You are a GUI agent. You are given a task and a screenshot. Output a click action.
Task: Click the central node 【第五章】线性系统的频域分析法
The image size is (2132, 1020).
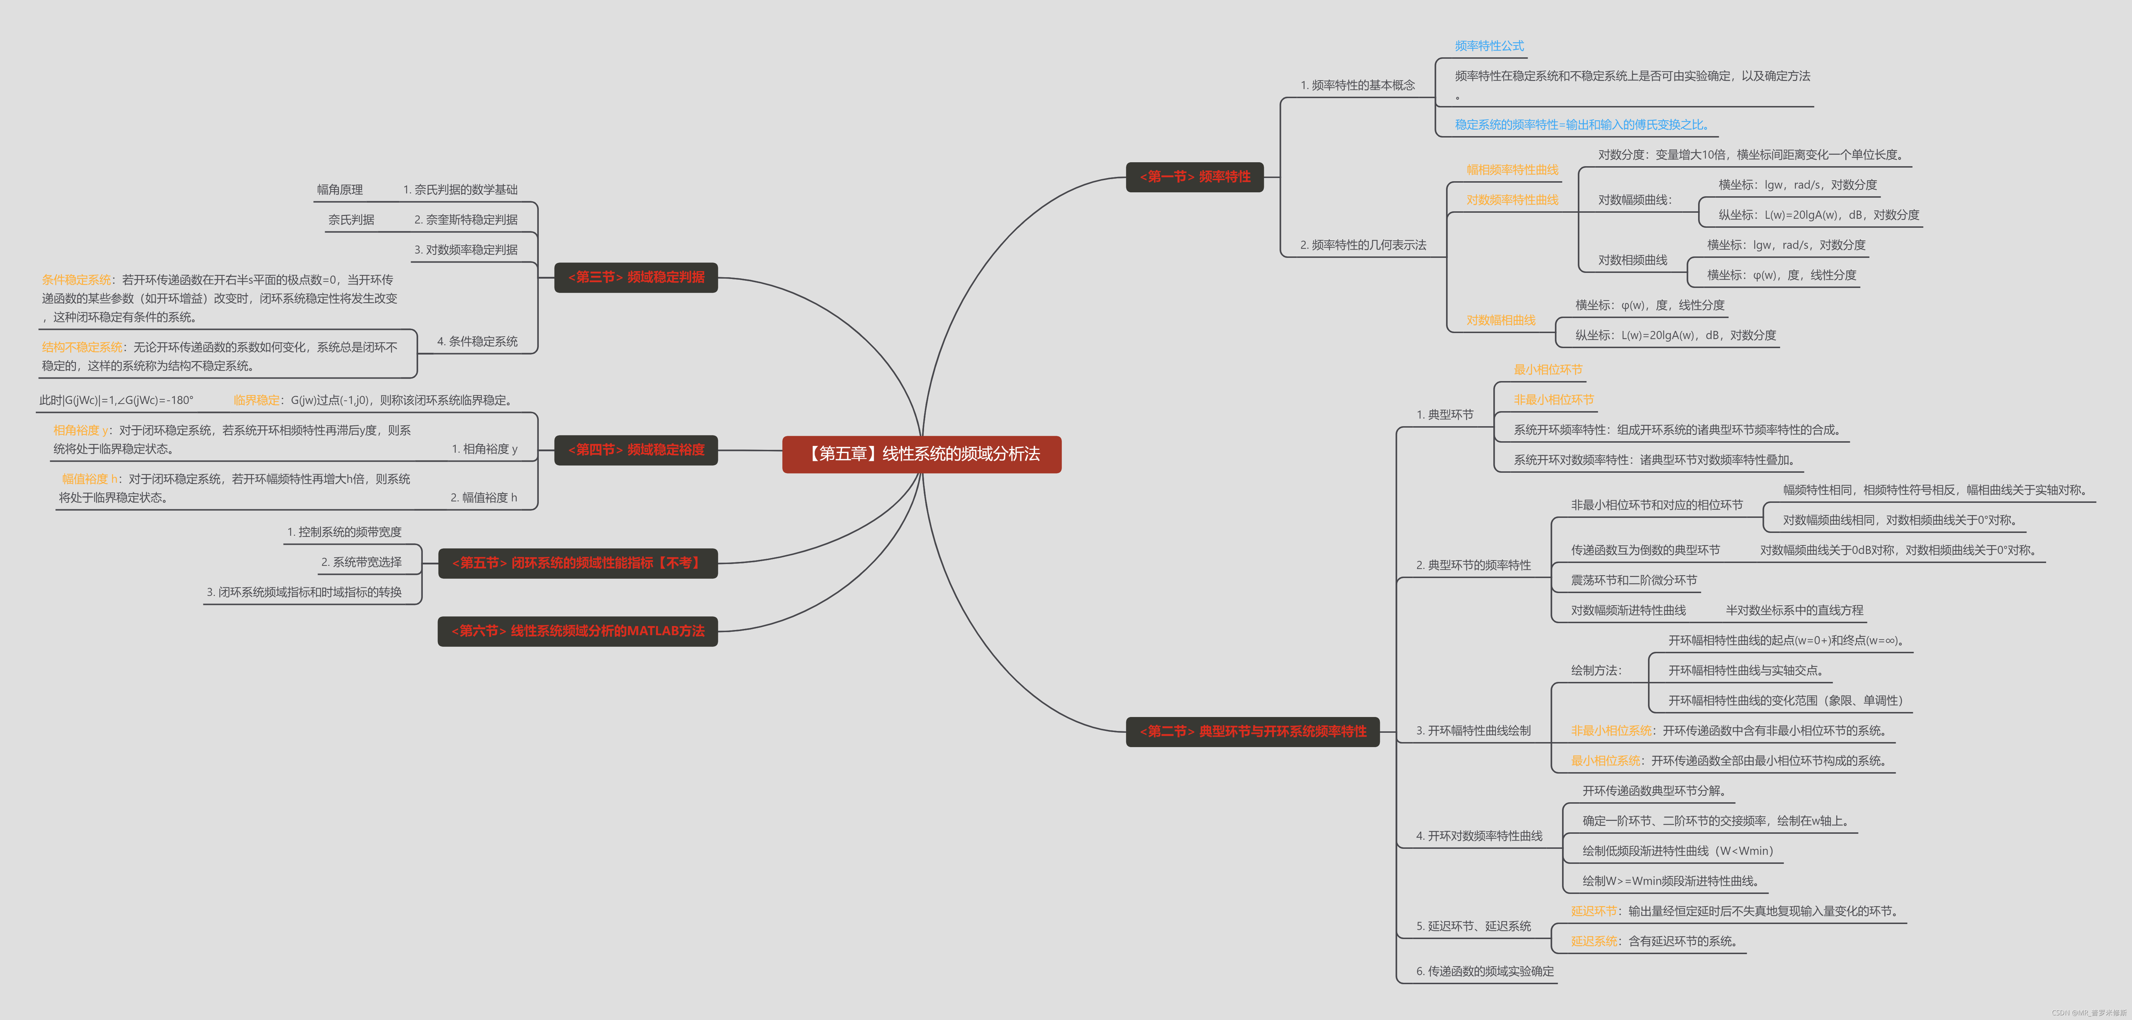point(921,454)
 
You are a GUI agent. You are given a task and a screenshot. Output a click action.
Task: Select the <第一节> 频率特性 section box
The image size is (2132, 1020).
point(1194,176)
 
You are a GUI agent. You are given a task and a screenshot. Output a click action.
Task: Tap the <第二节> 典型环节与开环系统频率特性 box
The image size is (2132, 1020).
point(1252,731)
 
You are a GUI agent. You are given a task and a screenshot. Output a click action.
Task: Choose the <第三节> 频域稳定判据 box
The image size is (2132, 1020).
point(635,276)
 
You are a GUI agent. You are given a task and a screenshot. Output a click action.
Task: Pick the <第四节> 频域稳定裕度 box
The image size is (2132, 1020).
point(635,449)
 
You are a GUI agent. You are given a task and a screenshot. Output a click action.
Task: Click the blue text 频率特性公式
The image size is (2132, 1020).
point(1489,45)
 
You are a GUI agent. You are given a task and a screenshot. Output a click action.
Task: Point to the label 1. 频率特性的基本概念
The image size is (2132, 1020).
point(1357,85)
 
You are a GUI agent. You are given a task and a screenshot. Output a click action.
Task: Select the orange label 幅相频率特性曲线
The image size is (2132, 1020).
point(1512,170)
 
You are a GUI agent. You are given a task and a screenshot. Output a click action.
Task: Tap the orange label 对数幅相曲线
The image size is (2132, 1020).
point(1500,321)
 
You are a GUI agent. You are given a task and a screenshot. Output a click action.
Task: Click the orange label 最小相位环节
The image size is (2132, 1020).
point(1548,369)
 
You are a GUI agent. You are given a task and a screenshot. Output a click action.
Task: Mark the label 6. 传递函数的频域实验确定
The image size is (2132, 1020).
point(1485,971)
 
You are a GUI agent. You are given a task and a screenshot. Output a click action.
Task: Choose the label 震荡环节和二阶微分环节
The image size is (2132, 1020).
point(1634,580)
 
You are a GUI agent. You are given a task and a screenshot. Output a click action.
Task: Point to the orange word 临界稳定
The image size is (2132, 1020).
point(257,400)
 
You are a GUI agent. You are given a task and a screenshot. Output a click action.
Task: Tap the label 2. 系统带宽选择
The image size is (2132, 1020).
point(361,562)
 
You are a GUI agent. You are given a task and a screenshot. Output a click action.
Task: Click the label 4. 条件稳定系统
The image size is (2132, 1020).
point(478,341)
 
